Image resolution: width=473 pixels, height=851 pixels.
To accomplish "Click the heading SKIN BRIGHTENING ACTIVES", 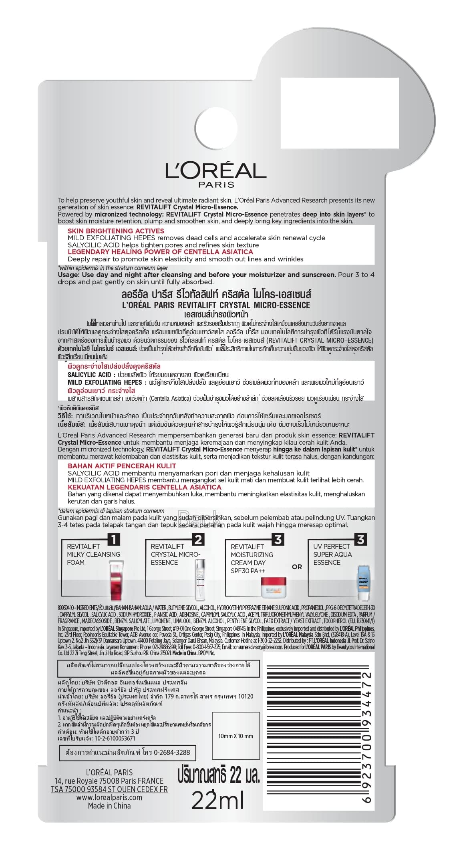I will (116, 231).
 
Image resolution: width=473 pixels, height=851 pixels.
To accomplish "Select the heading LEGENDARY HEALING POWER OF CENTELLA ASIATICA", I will (160, 252).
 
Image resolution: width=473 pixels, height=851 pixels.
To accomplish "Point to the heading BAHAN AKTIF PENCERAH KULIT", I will (122, 466).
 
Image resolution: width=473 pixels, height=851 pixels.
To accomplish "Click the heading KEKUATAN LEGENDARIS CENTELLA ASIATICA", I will (144, 487).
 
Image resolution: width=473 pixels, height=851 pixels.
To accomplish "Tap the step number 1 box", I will (114, 540).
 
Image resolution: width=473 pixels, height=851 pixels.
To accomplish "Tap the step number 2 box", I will (198, 540).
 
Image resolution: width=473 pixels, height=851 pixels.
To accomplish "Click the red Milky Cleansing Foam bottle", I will (116, 581).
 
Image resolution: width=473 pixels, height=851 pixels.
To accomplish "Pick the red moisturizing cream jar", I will (274, 587).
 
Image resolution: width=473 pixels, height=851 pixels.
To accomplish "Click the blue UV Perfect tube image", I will (363, 583).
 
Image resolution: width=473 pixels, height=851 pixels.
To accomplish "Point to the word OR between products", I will (297, 567).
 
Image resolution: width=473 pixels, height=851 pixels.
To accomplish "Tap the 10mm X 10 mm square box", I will (235, 736).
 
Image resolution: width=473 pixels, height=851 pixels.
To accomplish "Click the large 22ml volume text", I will (217, 801).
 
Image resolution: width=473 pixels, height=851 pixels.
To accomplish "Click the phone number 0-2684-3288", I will (172, 753).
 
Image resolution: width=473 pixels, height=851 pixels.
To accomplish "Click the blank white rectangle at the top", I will (339, 113).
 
